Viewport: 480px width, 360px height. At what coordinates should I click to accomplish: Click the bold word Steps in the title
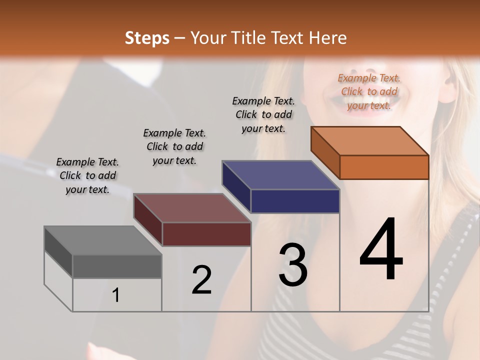pyautogui.click(x=147, y=38)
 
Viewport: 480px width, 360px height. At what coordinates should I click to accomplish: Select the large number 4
pyautogui.click(x=381, y=250)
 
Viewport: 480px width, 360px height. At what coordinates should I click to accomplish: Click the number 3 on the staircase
pyautogui.click(x=293, y=265)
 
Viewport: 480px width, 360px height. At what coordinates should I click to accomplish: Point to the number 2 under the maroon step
pyautogui.click(x=201, y=280)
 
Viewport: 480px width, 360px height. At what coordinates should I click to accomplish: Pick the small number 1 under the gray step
pyautogui.click(x=116, y=295)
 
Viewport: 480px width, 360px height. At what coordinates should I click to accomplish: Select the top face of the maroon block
pyautogui.click(x=192, y=208)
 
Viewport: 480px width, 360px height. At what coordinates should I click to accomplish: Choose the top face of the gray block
pyautogui.click(x=103, y=240)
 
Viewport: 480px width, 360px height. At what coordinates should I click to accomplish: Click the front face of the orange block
pyautogui.click(x=384, y=167)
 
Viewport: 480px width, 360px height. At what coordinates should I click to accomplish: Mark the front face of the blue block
pyautogui.click(x=295, y=201)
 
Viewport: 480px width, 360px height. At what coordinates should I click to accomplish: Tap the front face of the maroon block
pyautogui.click(x=206, y=234)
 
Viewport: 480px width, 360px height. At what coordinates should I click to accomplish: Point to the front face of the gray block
pyautogui.click(x=117, y=266)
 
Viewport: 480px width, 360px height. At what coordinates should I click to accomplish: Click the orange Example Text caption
pyautogui.click(x=369, y=91)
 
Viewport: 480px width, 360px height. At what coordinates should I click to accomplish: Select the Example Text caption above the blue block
pyautogui.click(x=263, y=114)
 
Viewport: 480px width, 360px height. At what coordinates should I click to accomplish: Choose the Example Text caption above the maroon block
pyautogui.click(x=174, y=146)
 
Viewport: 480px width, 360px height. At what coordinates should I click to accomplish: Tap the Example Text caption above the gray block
pyautogui.click(x=87, y=175)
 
